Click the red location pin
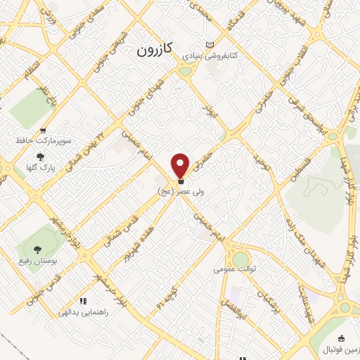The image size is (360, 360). pyautogui.click(x=181, y=165)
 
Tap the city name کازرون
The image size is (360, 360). pyautogui.click(x=154, y=51)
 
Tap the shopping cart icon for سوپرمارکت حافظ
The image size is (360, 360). pyautogui.click(x=44, y=131)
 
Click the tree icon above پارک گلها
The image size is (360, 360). pyautogui.click(x=40, y=157)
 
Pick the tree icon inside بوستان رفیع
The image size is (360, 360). pyautogui.click(x=37, y=250)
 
